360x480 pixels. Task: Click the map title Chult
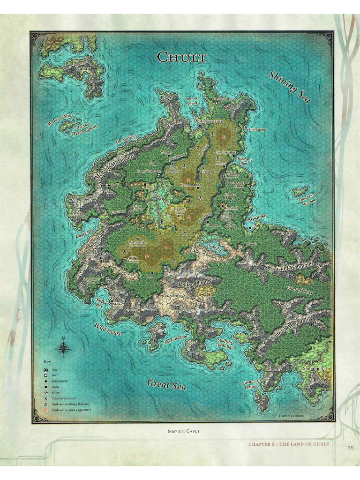[181, 57]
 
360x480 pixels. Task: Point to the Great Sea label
[167, 384]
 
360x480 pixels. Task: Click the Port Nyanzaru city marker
[200, 126]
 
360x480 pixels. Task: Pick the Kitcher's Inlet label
[246, 162]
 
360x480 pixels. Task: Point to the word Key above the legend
[47, 361]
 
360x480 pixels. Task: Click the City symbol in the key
[46, 370]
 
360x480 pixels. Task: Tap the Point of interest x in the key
[46, 398]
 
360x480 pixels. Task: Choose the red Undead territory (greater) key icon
[46, 410]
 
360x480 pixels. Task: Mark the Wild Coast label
[108, 329]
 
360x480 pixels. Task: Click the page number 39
[351, 447]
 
